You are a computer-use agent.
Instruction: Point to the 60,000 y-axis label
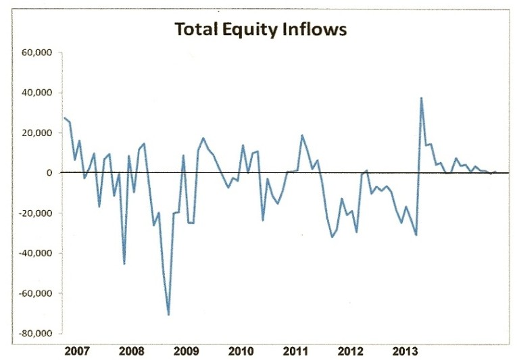point(36,53)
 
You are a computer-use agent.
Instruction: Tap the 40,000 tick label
point(36,93)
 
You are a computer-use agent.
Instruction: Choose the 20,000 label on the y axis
point(36,133)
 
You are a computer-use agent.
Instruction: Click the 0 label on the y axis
point(49,173)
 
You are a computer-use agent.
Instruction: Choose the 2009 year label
point(187,351)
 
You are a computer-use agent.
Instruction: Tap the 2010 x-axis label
point(241,351)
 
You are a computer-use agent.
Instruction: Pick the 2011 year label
point(296,351)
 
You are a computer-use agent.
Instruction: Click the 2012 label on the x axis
point(351,351)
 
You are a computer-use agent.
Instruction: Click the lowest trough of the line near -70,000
point(168,314)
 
